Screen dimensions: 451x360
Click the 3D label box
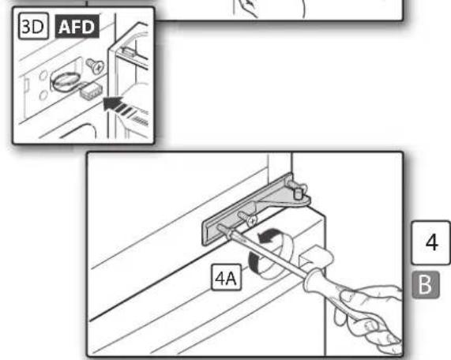(33, 26)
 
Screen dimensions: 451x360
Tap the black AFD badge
(77, 27)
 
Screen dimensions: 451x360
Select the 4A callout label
(227, 277)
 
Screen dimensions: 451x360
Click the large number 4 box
(431, 242)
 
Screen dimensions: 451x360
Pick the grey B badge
(426, 284)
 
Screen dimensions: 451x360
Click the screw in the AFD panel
(96, 66)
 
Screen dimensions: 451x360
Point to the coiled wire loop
(65, 81)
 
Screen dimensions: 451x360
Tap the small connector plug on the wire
(89, 91)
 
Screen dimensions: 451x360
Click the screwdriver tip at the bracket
(220, 227)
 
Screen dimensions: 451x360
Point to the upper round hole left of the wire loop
(43, 77)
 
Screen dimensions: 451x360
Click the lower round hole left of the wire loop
(43, 96)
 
